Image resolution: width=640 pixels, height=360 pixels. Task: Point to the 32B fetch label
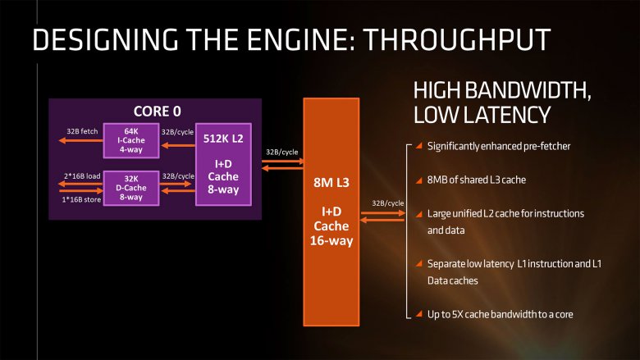(81, 130)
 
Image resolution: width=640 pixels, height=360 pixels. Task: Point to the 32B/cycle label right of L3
(388, 202)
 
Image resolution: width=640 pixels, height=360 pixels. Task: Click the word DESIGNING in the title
(98, 39)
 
